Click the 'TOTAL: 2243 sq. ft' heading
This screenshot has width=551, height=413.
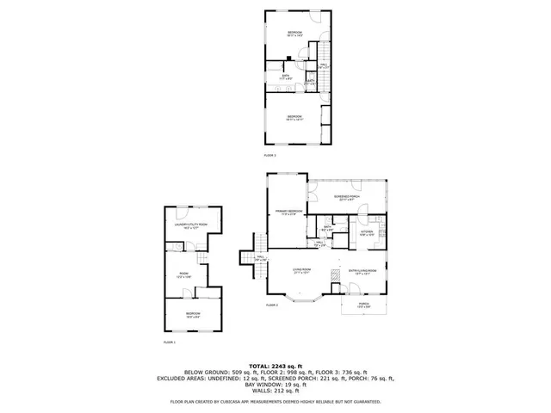(x=275, y=366)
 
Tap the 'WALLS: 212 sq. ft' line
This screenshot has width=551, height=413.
(x=275, y=391)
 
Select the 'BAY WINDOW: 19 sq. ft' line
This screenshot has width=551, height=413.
(x=275, y=386)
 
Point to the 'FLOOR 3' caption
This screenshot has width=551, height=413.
(x=269, y=155)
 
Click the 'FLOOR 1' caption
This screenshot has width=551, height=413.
(x=169, y=342)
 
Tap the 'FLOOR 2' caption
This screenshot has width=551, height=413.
(x=271, y=305)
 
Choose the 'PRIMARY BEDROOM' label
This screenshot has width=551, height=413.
(x=288, y=211)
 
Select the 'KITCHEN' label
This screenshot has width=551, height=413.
(x=367, y=231)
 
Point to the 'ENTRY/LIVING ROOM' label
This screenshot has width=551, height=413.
(x=362, y=270)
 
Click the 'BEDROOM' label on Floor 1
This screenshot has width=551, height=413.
(x=193, y=313)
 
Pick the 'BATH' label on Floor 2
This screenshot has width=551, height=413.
(x=327, y=227)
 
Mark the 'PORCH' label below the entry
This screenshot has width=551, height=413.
(x=364, y=304)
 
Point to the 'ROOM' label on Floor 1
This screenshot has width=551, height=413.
(x=182, y=275)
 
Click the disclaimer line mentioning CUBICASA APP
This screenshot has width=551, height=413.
(x=275, y=402)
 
